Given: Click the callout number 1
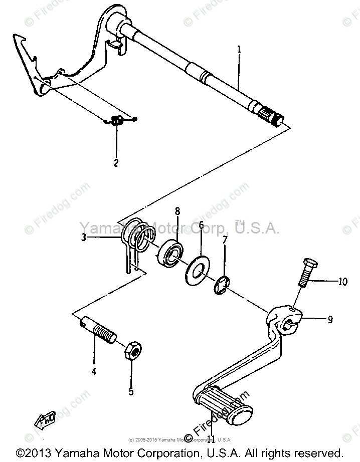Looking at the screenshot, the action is click(239, 50).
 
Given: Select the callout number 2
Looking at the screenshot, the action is click(116, 163).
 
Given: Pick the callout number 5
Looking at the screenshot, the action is click(131, 391).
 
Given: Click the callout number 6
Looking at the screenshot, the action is click(201, 225).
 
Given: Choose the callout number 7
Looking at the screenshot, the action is click(225, 241).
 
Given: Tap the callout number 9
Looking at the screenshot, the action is click(330, 319).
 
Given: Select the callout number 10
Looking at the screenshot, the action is click(342, 282).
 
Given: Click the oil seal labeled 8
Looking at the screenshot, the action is click(171, 254).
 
